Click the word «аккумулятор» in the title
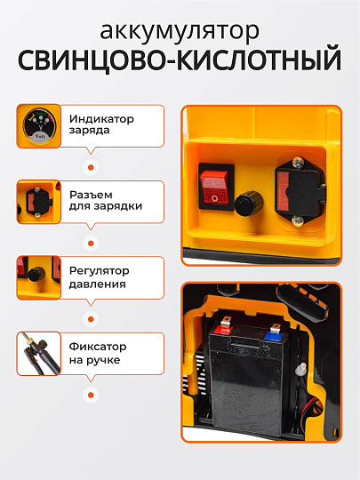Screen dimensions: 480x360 click(180, 31)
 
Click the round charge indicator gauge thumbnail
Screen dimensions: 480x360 click(38, 125)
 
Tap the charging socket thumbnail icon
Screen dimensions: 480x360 click(38, 201)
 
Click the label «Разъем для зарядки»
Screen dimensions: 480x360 click(105, 199)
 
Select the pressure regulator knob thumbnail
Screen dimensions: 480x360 click(38, 277)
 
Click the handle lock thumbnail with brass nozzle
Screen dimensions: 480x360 click(38, 354)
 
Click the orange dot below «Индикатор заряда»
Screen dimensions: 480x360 click(88, 165)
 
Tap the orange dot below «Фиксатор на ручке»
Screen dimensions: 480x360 click(88, 394)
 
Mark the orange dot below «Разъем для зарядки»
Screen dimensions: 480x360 click(88, 242)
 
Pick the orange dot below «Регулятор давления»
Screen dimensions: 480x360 click(88, 317)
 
